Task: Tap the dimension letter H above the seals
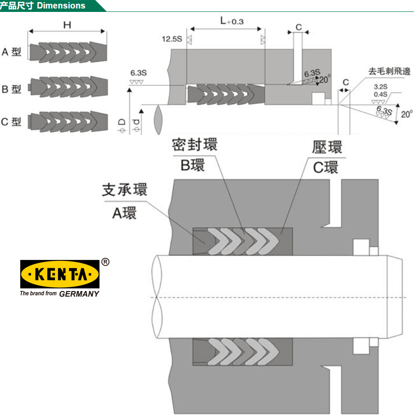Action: coord(66,24)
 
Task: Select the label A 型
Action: coord(11,52)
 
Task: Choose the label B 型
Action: coord(11,89)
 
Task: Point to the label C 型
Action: coord(11,122)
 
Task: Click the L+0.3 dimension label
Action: coord(231,21)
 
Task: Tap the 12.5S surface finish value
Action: coord(172,39)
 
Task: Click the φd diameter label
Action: coord(136,125)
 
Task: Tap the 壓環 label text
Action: coord(327,147)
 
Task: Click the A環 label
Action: coord(125,212)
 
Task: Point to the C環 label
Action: coord(326,168)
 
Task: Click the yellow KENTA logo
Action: coord(60,273)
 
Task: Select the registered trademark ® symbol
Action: coord(105,262)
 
